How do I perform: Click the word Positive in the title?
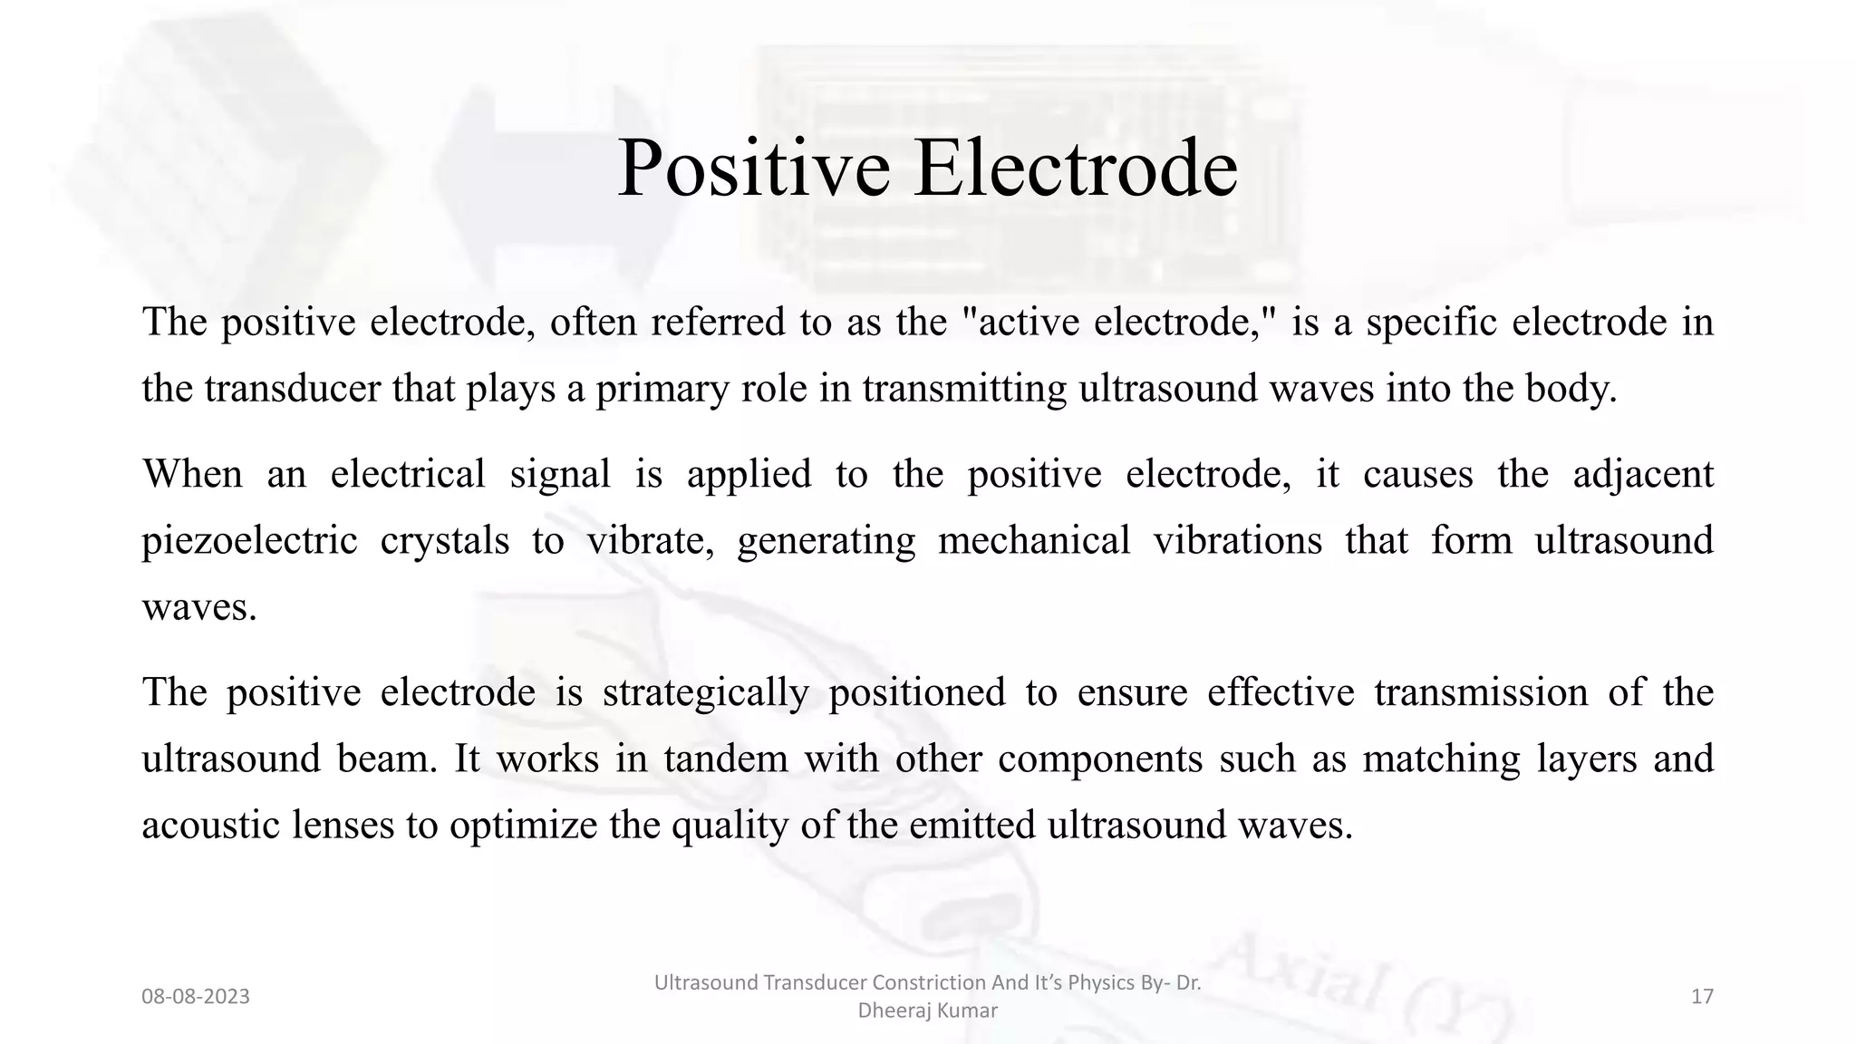click(753, 169)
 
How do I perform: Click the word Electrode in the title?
click(1076, 169)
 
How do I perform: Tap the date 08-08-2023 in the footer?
click(196, 997)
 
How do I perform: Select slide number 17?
click(1702, 997)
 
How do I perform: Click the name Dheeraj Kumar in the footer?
click(927, 1010)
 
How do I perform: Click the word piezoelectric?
click(249, 541)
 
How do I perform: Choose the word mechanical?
click(1034, 541)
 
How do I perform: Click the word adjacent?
click(1642, 475)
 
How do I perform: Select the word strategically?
click(705, 693)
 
